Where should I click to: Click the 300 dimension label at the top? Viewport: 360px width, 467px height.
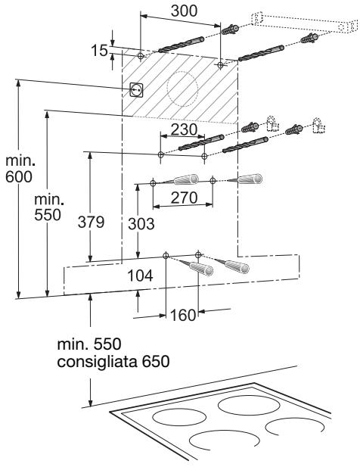(x=184, y=11)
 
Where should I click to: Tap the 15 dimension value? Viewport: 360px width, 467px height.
(x=99, y=50)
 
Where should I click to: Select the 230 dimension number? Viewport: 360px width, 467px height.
(x=184, y=129)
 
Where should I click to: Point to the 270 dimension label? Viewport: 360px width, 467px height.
(x=184, y=198)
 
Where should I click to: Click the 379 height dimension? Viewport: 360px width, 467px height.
(x=91, y=222)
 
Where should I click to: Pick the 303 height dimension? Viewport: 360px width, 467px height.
(x=141, y=224)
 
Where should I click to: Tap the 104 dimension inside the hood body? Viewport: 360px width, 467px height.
(x=140, y=276)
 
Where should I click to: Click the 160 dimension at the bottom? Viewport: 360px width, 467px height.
(x=183, y=315)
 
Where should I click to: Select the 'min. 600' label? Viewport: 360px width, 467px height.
(x=20, y=169)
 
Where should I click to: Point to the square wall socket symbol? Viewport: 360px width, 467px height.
(x=137, y=89)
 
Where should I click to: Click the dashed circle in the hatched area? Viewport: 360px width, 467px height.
(x=182, y=89)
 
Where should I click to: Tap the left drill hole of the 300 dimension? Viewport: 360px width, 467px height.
(x=141, y=56)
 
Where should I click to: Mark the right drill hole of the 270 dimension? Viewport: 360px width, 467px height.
(x=213, y=180)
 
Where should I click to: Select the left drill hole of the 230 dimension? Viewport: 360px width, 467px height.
(x=160, y=154)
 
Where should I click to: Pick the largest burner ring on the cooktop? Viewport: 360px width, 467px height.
(x=249, y=406)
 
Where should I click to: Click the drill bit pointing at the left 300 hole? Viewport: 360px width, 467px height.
(x=182, y=45)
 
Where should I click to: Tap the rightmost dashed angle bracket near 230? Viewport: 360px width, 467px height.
(x=318, y=126)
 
